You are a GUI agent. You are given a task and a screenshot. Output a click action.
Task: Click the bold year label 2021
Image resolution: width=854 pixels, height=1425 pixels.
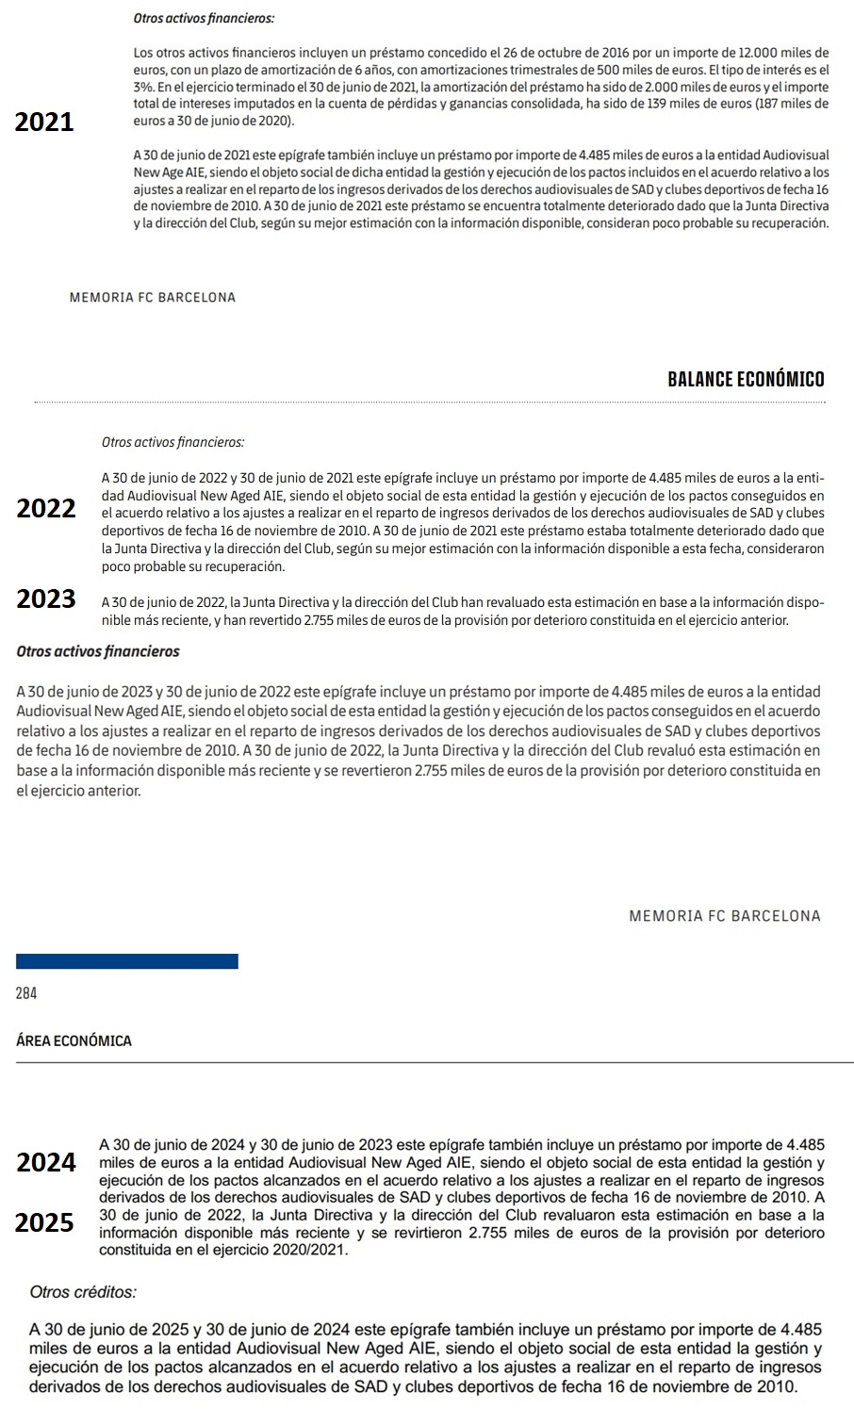(44, 123)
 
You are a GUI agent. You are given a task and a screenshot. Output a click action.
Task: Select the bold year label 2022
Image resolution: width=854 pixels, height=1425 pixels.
(46, 509)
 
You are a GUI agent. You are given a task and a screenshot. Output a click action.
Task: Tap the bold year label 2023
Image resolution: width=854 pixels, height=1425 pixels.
(46, 599)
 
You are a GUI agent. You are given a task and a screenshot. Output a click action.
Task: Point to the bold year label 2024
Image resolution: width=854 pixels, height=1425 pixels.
(46, 1163)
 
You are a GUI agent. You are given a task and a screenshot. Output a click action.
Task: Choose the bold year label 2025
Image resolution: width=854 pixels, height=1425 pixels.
(45, 1223)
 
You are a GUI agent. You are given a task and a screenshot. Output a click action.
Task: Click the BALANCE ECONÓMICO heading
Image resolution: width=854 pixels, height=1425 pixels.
(745, 380)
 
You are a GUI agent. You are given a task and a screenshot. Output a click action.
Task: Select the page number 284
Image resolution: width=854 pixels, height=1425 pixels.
(26, 993)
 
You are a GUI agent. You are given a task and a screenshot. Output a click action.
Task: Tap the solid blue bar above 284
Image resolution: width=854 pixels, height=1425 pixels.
(127, 961)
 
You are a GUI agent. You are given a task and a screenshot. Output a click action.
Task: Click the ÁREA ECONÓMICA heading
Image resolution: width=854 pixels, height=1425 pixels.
(74, 1041)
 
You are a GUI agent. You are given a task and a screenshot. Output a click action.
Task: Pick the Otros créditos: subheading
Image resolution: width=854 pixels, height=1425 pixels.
(84, 1292)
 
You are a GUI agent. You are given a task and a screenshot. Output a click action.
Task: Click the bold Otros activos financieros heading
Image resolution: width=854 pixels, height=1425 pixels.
(98, 652)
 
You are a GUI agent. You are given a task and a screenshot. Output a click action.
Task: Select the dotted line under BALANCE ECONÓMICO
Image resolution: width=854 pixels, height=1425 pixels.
(429, 402)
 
